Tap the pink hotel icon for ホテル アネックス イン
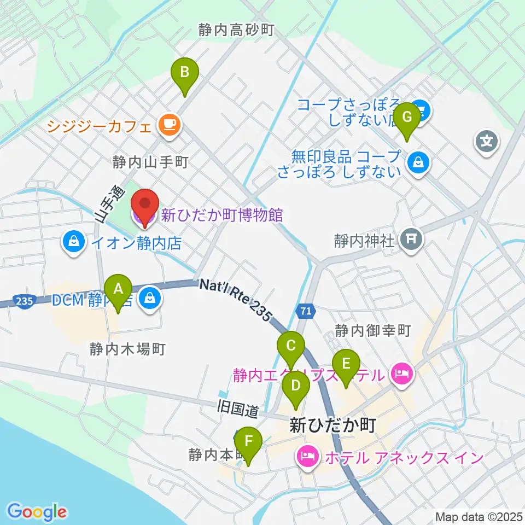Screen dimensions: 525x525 [x=307, y=456]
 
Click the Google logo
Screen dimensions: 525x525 [x=37, y=512]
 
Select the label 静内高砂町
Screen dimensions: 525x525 [x=236, y=31]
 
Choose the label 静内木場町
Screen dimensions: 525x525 [x=129, y=348]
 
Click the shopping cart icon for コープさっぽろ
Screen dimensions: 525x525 [x=422, y=110]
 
